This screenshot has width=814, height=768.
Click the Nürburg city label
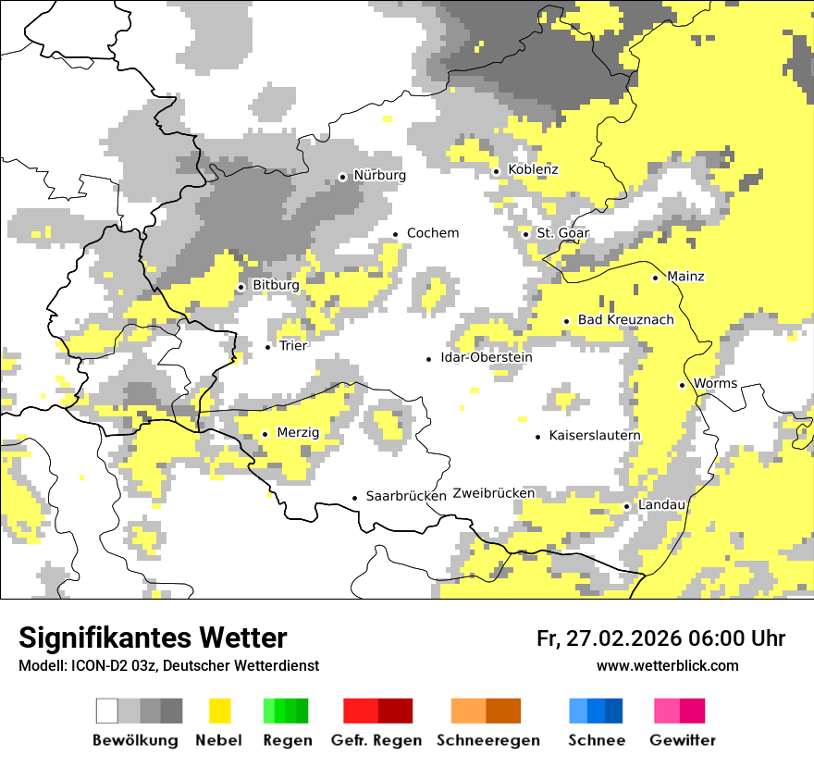click(379, 175)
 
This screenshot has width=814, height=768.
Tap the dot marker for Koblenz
click(496, 171)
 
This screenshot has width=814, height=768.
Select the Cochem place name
click(432, 233)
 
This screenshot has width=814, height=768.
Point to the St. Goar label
click(562, 233)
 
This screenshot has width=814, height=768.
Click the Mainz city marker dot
click(655, 278)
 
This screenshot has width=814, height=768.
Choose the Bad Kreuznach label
click(625, 320)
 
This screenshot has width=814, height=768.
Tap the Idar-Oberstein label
click(487, 358)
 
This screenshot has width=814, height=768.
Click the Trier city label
click(293, 346)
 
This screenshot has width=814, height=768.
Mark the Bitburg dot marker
click(240, 287)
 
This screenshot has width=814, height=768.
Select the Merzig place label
click(298, 433)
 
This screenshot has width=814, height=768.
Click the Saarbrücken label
click(406, 497)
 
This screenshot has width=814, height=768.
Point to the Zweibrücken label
click(494, 493)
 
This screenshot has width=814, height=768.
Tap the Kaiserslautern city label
click(595, 436)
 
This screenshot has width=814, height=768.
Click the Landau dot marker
click(626, 506)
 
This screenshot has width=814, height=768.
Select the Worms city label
click(715, 384)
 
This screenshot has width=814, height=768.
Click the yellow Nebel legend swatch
click(220, 712)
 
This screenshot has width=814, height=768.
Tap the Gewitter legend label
click(682, 740)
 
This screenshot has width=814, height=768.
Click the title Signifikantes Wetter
click(153, 638)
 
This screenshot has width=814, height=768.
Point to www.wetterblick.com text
click(667, 666)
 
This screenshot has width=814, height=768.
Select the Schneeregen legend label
click(487, 740)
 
